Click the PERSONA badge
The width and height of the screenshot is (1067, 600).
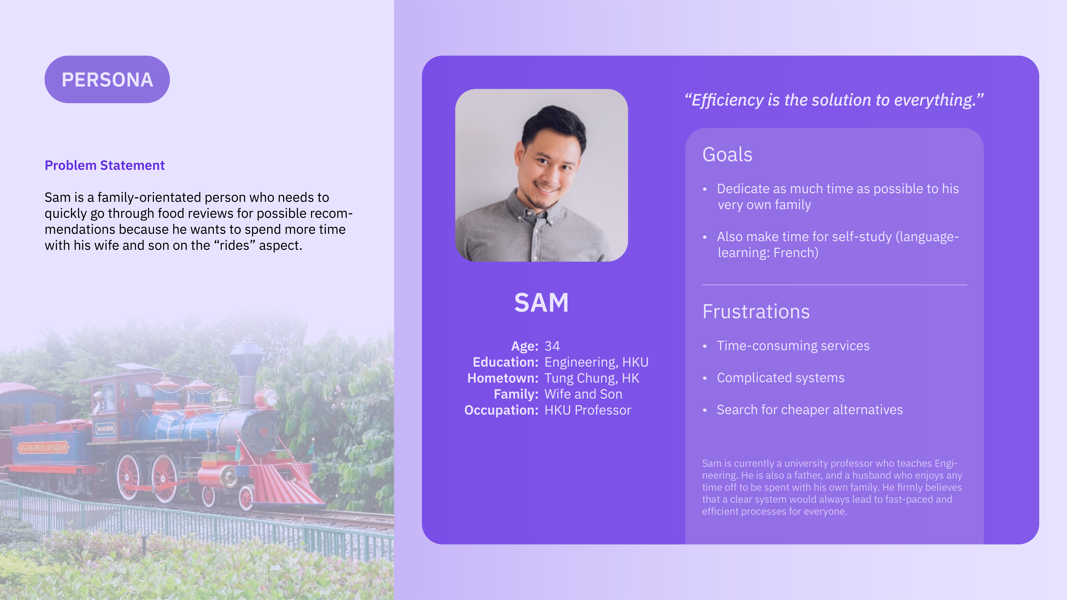[x=107, y=79]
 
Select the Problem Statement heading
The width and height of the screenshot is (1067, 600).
[x=104, y=165]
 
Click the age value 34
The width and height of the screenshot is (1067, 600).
[x=552, y=346]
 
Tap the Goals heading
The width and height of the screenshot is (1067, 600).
[x=727, y=154]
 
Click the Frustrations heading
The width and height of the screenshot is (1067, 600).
[x=756, y=311]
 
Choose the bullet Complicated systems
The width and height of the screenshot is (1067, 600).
[x=780, y=378]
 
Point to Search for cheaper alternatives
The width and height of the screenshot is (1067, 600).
[x=810, y=410]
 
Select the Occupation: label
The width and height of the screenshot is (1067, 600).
[x=501, y=410]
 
